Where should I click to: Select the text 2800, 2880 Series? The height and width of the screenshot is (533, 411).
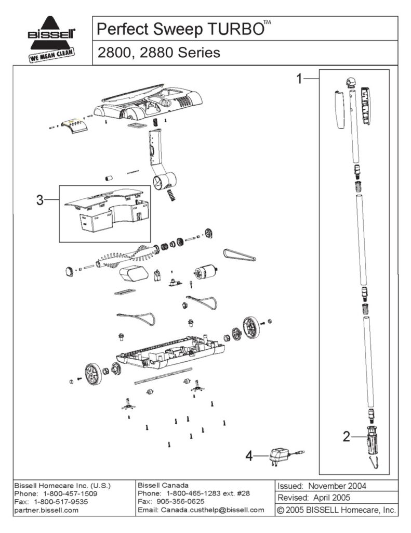pyautogui.click(x=158, y=53)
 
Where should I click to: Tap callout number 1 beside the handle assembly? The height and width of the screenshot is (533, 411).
pyautogui.click(x=299, y=79)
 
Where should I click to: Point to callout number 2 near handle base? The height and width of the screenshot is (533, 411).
pyautogui.click(x=346, y=436)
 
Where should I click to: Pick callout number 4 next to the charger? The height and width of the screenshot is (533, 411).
pyautogui.click(x=249, y=456)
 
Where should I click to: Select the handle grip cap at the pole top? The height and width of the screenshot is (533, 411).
pyautogui.click(x=350, y=82)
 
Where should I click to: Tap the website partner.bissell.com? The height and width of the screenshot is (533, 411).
pyautogui.click(x=46, y=510)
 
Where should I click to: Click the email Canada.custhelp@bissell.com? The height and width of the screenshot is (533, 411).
pyautogui.click(x=201, y=510)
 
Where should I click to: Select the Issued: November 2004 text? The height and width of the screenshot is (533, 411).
pyautogui.click(x=322, y=486)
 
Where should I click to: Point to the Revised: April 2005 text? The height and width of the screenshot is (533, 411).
pyautogui.click(x=314, y=498)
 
